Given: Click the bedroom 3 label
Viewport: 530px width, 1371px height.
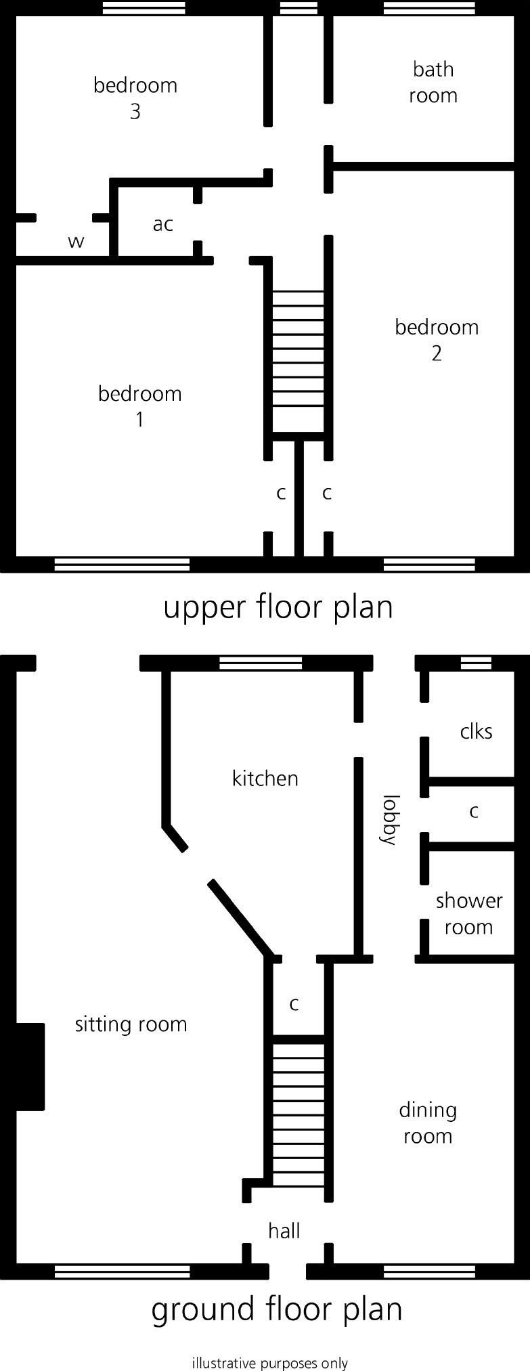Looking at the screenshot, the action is tap(135, 98).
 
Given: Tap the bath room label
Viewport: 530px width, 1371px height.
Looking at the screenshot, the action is tap(433, 82).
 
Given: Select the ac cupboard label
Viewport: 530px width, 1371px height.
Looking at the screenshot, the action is tap(163, 224).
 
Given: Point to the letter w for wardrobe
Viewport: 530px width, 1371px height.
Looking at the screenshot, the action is tap(76, 241).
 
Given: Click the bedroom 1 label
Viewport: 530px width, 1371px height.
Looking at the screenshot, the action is tap(139, 406).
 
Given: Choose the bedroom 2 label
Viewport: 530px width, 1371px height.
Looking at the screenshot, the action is tap(437, 340).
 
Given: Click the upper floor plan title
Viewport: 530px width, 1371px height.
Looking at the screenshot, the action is tap(278, 607).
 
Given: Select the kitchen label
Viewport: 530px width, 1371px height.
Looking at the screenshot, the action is tap(265, 779).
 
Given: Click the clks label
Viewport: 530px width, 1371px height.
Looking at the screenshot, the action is tap(476, 731).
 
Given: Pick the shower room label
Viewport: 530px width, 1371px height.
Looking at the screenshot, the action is tap(469, 913).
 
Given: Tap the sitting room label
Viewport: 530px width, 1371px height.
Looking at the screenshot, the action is tap(131, 1024).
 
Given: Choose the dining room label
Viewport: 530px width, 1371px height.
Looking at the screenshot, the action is tap(428, 1123).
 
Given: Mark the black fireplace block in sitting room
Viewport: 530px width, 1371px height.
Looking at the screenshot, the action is tap(29, 1066).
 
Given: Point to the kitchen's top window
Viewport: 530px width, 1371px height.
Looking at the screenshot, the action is tap(261, 662).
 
